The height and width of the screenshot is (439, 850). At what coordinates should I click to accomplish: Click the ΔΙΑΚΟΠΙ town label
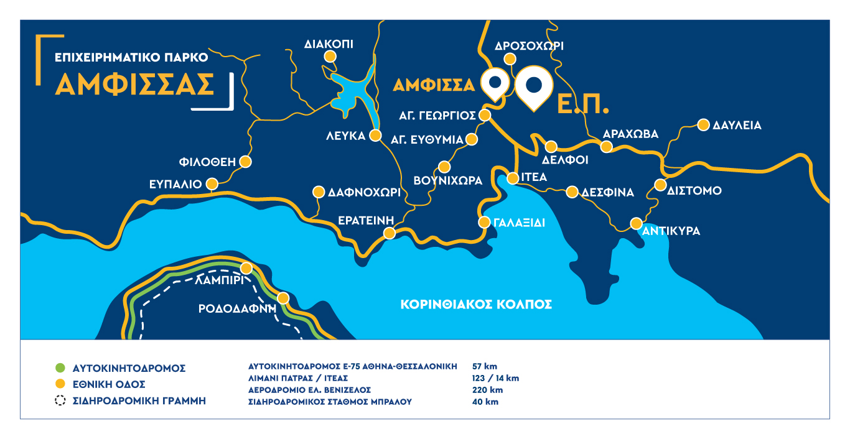click(329, 44)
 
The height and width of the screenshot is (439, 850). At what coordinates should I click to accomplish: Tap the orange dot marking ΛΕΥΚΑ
click(376, 136)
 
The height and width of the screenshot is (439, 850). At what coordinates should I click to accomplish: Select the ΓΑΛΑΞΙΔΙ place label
click(520, 222)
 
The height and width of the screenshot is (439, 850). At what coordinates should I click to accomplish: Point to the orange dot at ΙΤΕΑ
click(513, 178)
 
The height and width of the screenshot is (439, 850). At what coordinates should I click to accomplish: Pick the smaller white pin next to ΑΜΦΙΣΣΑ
click(495, 82)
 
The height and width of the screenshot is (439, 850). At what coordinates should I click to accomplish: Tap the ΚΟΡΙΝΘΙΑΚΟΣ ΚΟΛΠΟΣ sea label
click(477, 305)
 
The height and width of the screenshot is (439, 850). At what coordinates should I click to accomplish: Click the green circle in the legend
click(60, 368)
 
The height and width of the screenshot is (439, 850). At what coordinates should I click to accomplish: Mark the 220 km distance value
click(488, 390)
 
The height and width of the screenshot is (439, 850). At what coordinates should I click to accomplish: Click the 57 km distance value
click(485, 366)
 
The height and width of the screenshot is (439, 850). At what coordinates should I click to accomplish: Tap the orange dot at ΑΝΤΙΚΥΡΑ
click(637, 223)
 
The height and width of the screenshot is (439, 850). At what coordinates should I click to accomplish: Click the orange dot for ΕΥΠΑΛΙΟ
click(212, 184)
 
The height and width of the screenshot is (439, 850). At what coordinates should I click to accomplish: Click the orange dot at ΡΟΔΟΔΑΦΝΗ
click(283, 298)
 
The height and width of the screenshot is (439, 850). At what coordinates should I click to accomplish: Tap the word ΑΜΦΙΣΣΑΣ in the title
click(134, 85)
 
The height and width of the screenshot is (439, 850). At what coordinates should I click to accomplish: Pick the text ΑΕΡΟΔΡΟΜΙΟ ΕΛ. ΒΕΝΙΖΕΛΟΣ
click(309, 390)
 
